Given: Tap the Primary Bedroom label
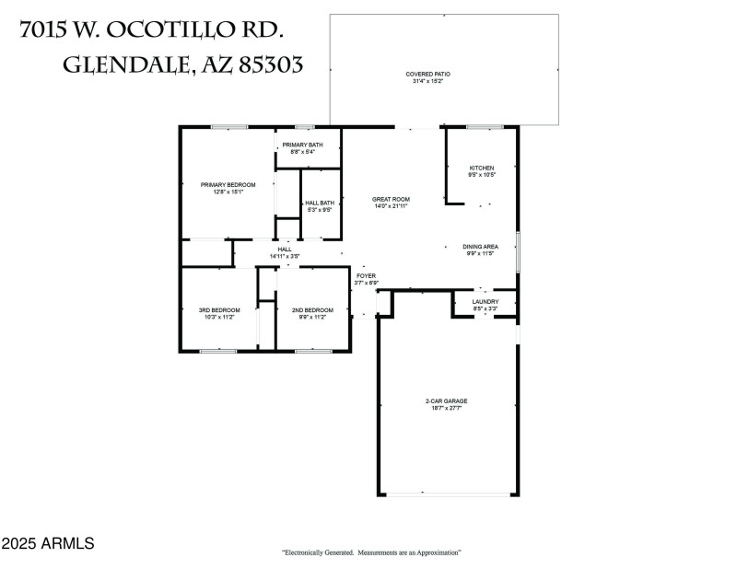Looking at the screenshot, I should (x=228, y=185).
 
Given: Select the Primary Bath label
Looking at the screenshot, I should (x=302, y=145).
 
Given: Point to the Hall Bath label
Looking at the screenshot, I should (x=319, y=203).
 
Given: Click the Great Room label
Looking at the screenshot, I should (x=391, y=199).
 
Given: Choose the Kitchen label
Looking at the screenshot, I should (x=482, y=168).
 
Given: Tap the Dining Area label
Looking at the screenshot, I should (x=480, y=246).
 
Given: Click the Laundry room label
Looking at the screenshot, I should (x=485, y=302).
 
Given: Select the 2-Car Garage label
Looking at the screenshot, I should (x=447, y=401).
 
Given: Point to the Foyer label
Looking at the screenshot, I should (x=366, y=275).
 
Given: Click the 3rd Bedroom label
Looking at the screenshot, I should (x=219, y=309).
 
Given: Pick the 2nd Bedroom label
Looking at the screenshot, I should (x=312, y=309).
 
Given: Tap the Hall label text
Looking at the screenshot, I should (x=285, y=249).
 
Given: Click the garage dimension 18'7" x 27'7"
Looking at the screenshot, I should (x=447, y=409).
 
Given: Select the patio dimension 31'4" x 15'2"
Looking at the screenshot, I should (x=427, y=81).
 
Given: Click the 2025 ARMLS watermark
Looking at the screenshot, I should (x=47, y=544).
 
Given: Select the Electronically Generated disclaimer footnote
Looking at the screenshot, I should (x=371, y=552).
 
